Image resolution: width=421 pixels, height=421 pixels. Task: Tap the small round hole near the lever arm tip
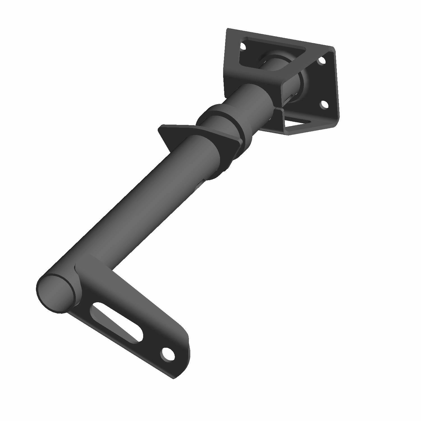click(x=167, y=354)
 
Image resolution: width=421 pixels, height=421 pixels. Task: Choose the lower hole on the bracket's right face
click(x=324, y=105)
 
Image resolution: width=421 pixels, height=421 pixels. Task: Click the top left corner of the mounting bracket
click(x=228, y=29)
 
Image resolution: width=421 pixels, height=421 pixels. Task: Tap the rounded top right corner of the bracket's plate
click(x=333, y=49)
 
